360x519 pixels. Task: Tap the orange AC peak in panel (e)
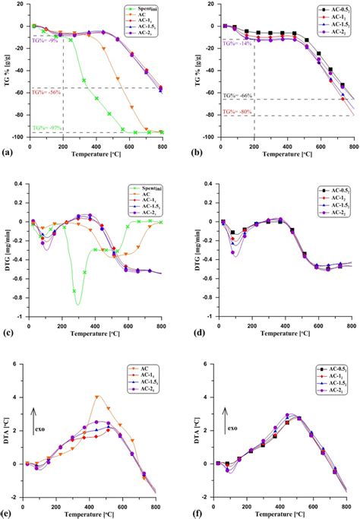pyautogui.click(x=97, y=397)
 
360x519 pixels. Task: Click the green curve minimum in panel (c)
pyautogui.click(x=77, y=304)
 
